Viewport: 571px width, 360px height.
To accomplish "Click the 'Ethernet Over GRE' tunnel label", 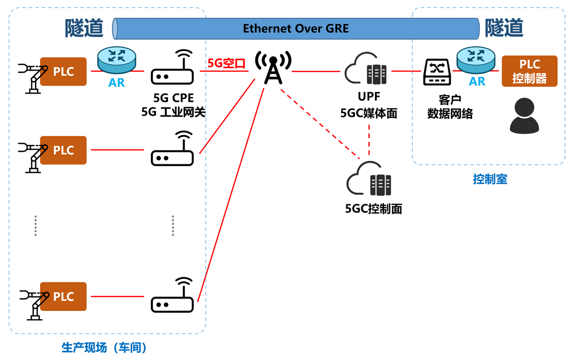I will click(x=295, y=29).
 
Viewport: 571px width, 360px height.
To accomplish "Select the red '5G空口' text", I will click(x=226, y=63).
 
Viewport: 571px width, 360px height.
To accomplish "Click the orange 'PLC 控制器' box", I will click(x=529, y=71).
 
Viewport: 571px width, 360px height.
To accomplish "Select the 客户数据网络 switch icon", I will click(x=437, y=73).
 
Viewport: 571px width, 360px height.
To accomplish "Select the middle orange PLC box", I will click(x=63, y=150).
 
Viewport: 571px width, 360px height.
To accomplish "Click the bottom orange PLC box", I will click(x=63, y=297).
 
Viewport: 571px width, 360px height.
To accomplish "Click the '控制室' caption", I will click(x=490, y=180).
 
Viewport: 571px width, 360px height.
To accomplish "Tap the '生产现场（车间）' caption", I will click(x=104, y=348).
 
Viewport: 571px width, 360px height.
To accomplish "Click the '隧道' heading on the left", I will click(x=84, y=28).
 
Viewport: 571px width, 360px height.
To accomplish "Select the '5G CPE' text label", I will click(x=172, y=98).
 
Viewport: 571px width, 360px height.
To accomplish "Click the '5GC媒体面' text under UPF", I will click(x=368, y=113).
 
